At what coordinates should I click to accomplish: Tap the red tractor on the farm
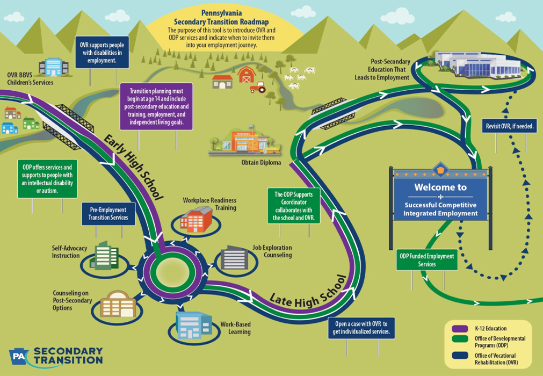pyautogui.click(x=258, y=86)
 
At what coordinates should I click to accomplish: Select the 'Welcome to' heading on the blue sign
pyautogui.click(x=440, y=188)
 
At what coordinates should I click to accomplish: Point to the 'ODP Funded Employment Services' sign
pyautogui.click(x=426, y=260)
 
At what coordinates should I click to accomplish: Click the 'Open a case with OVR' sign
pyautogui.click(x=365, y=327)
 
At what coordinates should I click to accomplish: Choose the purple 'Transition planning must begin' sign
pyautogui.click(x=156, y=106)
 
